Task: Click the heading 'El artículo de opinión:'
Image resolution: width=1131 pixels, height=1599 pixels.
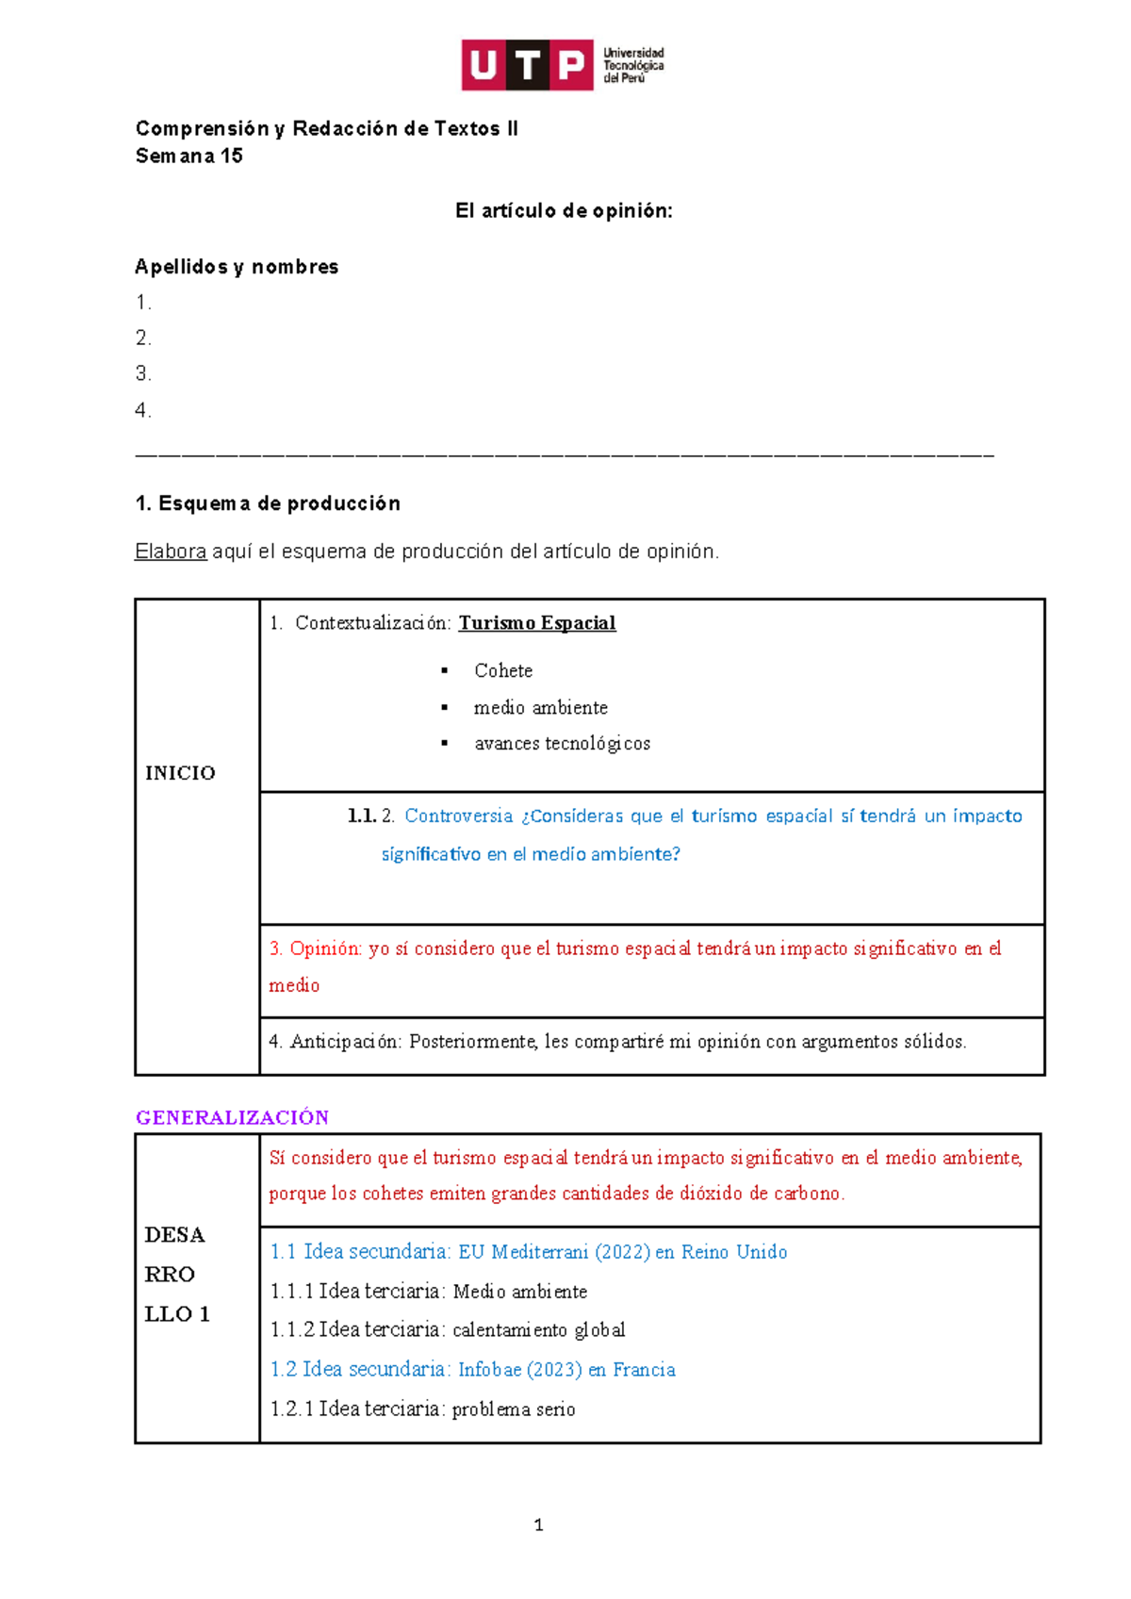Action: coord(564,211)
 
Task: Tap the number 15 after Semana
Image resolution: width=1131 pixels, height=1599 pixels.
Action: coord(232,157)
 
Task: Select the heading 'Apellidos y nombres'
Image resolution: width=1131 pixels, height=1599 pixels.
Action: coord(237,267)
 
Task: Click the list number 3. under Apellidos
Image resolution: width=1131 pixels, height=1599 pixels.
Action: coord(143,374)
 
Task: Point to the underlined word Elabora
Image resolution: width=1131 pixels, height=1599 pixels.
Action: coord(171,552)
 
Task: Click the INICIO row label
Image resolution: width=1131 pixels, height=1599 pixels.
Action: coord(180,773)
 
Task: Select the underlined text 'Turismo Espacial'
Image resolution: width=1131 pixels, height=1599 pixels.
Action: coord(537,623)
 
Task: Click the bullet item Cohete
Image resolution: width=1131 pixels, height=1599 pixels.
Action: coord(503,671)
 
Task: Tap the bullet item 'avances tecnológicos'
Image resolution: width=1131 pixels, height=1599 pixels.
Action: coord(562,744)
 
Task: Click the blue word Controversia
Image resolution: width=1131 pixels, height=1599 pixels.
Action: coord(459,816)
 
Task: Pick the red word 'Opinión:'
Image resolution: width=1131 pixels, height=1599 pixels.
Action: coord(325,949)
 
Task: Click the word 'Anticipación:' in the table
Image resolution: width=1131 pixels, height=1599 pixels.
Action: coord(346,1042)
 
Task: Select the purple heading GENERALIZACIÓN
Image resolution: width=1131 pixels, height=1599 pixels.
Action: coord(232,1118)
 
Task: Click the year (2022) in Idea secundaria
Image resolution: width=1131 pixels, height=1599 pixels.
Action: coord(622,1252)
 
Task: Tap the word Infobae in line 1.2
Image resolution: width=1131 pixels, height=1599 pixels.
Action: coord(489,1370)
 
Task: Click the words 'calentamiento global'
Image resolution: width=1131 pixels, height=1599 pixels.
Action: coord(538,1330)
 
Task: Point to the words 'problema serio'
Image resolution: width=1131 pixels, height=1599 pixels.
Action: coord(514,1409)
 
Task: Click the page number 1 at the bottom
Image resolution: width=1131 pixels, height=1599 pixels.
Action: coord(538,1525)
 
